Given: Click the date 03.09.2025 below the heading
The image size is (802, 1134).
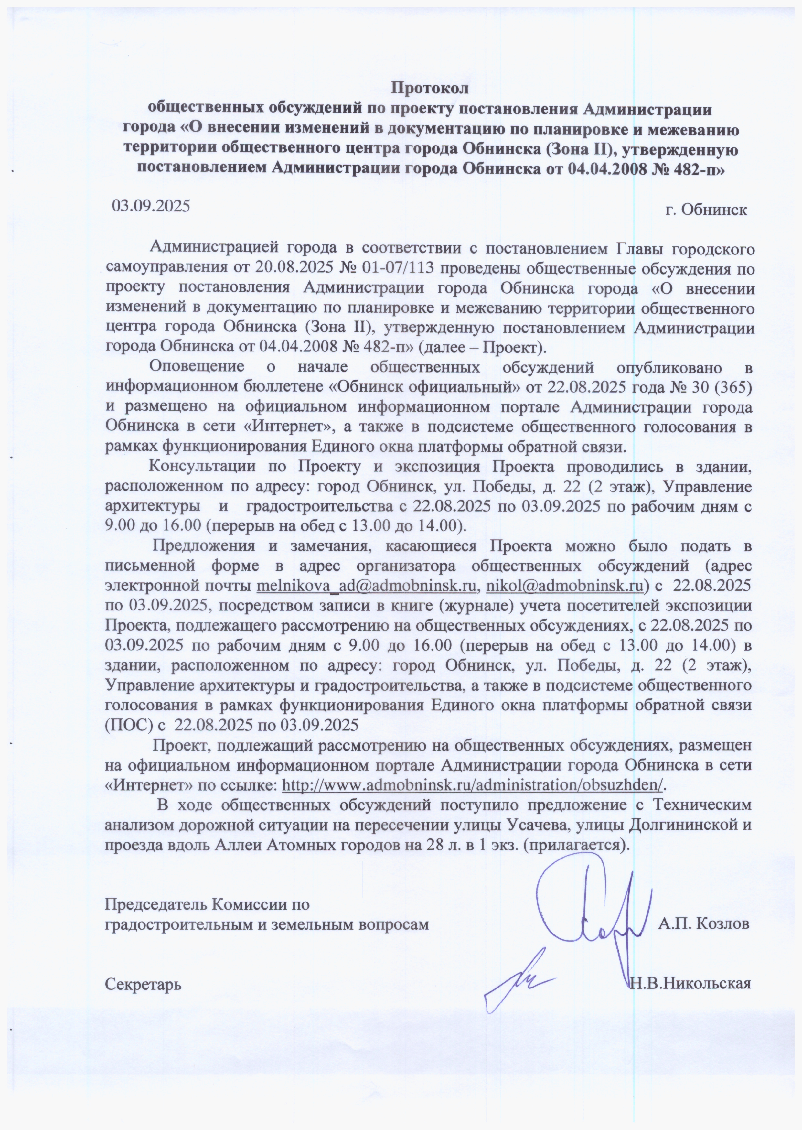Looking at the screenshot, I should click(151, 205).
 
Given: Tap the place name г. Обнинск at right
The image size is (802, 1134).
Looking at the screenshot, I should click(706, 210).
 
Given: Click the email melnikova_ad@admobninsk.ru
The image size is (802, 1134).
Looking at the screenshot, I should click(367, 586).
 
